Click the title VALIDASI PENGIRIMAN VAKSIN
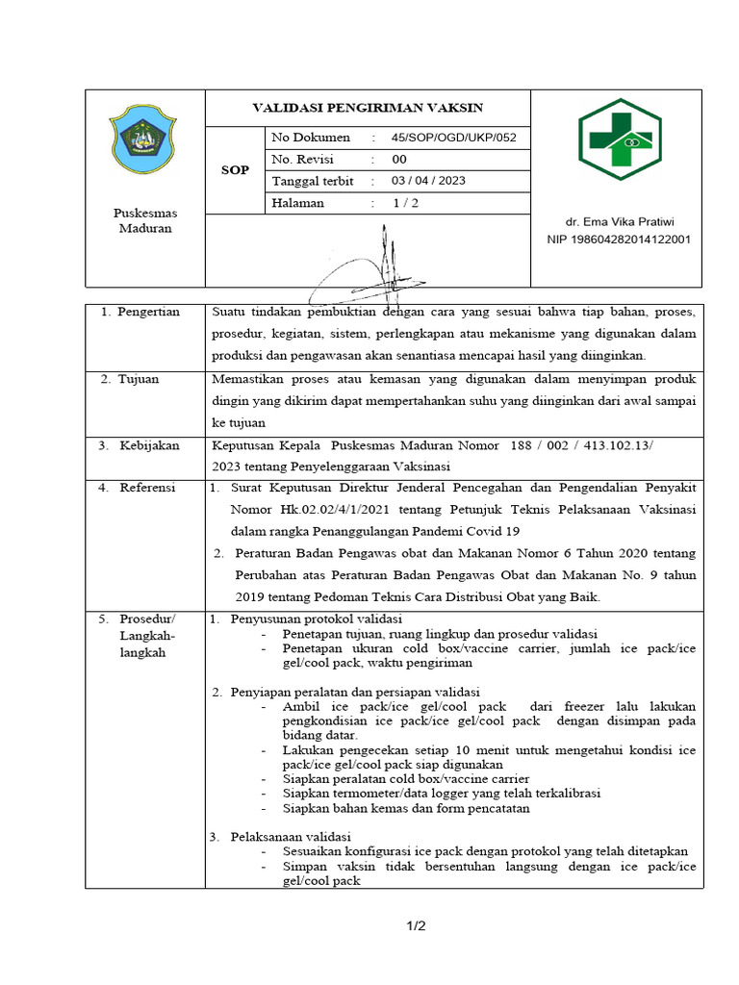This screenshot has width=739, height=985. point(368,108)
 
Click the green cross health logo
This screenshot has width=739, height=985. point(619,139)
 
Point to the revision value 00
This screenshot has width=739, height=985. point(399,160)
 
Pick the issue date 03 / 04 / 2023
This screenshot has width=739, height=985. point(428,181)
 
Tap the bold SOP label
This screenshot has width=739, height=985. point(235,170)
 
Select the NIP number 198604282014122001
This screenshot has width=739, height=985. point(619,240)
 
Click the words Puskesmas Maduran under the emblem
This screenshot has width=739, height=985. point(144,220)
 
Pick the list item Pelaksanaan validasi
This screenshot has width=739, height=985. point(291,836)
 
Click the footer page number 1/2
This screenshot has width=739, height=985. point(415,926)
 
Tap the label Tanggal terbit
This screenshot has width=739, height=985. point(313,181)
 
